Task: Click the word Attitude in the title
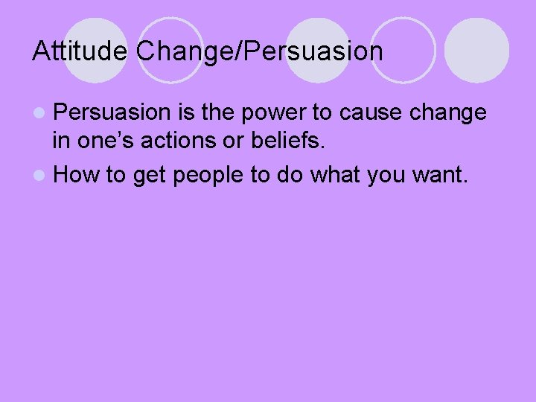coord(81,51)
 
